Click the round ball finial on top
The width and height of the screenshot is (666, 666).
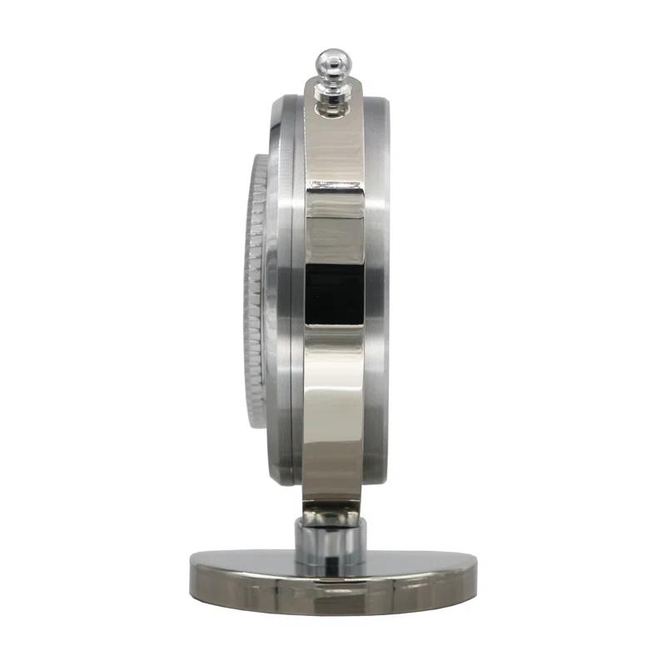click(x=331, y=61)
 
